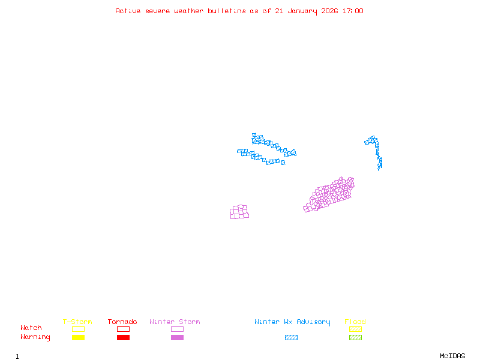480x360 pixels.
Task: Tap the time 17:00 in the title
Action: coord(352,11)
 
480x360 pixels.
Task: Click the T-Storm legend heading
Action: coord(77,322)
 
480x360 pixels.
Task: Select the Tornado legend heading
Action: coord(122,322)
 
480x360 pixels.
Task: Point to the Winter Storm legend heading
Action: coord(175,322)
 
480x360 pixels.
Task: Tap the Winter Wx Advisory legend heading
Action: coord(292,322)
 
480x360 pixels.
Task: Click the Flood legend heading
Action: coord(355,322)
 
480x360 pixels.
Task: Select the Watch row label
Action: coord(31,328)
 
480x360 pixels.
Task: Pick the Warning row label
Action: coord(35,337)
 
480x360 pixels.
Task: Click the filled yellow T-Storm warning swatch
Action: coord(78,337)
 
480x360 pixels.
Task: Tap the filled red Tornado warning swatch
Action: coord(123,337)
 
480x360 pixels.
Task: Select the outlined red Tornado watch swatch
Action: coord(123,329)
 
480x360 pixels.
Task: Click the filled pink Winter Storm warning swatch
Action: coord(177,337)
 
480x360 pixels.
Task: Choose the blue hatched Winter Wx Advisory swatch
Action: coord(291,337)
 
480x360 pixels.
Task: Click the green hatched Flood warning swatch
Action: coord(355,337)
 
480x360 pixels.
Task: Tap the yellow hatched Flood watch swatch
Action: coord(355,329)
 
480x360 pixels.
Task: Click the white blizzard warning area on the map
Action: coord(264,151)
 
